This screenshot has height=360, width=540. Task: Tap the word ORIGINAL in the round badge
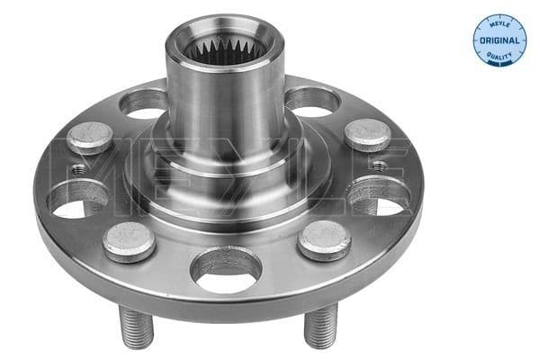[x=499, y=41]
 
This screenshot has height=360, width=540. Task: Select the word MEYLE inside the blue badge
[x=499, y=24]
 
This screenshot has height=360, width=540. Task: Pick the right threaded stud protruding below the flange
[x=320, y=327]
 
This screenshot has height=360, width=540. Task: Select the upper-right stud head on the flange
[x=368, y=133]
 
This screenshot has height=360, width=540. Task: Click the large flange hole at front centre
[x=225, y=272]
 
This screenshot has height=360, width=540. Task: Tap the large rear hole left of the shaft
[x=144, y=103]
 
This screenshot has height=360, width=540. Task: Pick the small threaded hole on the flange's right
[x=380, y=166]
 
